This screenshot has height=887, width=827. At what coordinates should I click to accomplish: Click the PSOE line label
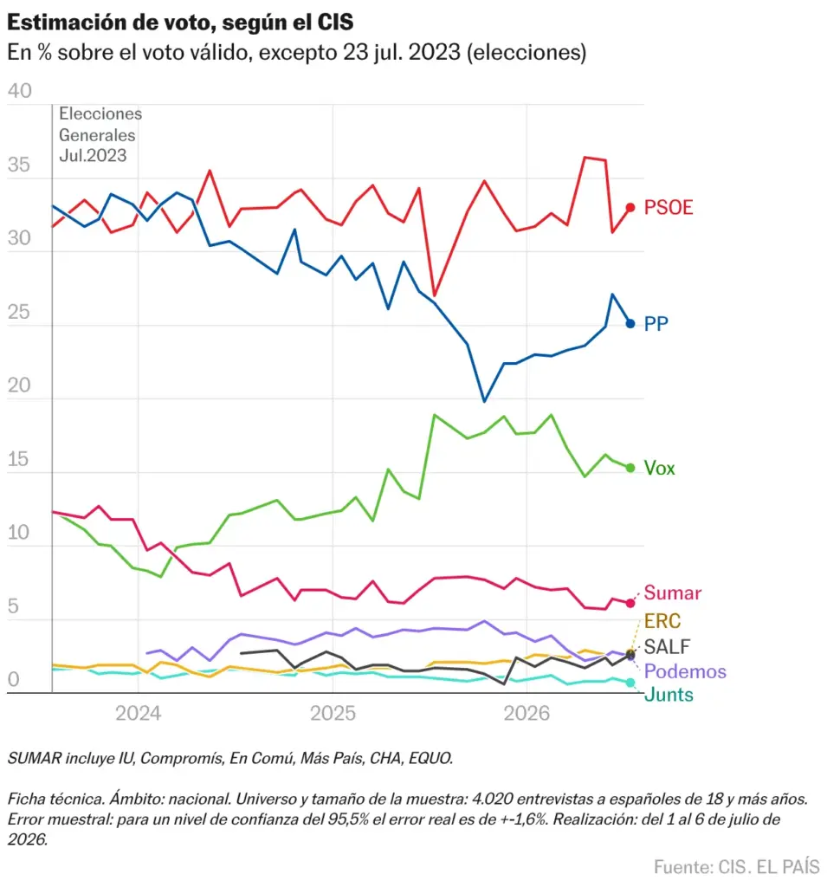click(x=668, y=208)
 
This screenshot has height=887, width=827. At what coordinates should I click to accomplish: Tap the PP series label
click(x=656, y=324)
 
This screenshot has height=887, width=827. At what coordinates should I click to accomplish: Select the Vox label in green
click(x=660, y=468)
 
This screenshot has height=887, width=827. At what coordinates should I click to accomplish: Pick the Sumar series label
click(x=673, y=592)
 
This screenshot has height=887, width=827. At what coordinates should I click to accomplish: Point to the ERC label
click(x=662, y=621)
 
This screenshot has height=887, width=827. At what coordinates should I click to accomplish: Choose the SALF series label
click(x=667, y=646)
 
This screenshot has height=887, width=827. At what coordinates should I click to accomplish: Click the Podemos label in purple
click(x=685, y=671)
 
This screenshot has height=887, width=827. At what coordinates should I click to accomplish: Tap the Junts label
click(x=669, y=694)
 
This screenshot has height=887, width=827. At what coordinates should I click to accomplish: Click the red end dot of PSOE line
click(x=630, y=208)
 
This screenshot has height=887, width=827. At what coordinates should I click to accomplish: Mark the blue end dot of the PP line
click(x=630, y=324)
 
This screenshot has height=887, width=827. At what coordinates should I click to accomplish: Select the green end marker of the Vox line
click(x=630, y=468)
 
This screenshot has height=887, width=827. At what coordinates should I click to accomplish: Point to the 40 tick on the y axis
click(x=20, y=91)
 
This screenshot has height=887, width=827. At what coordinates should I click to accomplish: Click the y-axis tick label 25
click(x=19, y=312)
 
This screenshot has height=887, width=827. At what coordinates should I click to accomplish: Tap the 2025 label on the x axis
click(x=333, y=714)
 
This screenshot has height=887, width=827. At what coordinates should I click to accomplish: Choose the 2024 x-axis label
click(x=139, y=714)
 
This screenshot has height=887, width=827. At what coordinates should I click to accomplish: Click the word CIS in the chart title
click(x=335, y=22)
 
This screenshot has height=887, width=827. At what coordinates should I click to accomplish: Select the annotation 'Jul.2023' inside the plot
click(x=93, y=156)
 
